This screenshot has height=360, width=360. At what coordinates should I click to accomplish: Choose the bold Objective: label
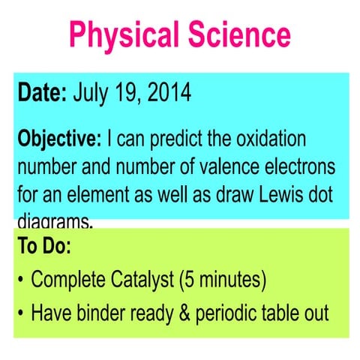point(60,139)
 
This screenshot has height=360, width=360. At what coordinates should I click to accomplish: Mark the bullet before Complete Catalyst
point(20,280)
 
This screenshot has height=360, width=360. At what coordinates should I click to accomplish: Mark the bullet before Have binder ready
point(20,313)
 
